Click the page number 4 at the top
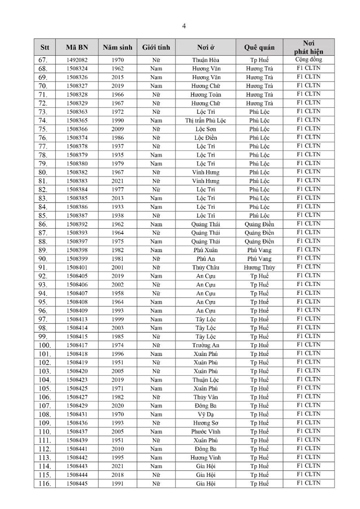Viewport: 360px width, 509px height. click(x=184, y=26)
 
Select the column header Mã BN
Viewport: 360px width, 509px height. click(x=76, y=47)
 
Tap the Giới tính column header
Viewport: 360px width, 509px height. click(x=156, y=47)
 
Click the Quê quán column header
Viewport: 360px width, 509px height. click(x=259, y=47)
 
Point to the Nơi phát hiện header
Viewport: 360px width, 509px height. click(x=308, y=47)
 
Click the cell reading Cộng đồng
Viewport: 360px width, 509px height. click(x=308, y=59)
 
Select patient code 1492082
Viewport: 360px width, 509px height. click(x=76, y=60)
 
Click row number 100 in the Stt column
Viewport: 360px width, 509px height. click(x=45, y=345)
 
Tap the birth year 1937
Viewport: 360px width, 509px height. click(x=117, y=146)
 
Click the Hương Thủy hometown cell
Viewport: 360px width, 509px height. click(x=259, y=267)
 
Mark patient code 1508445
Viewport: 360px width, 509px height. click(x=76, y=483)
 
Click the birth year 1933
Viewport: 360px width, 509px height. click(x=117, y=207)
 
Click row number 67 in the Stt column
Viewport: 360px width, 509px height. click(x=45, y=60)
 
